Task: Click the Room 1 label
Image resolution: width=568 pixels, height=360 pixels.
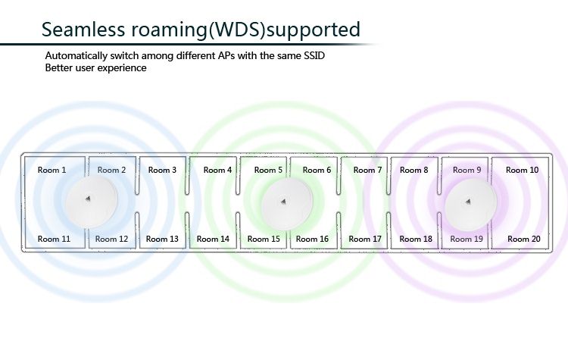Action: [x=52, y=171]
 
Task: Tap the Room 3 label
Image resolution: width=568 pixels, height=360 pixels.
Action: [x=162, y=171]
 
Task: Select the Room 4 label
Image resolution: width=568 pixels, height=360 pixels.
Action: [x=218, y=171]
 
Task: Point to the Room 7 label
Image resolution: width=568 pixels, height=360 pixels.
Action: [x=368, y=171]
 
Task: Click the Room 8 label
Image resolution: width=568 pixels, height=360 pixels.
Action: [x=414, y=171]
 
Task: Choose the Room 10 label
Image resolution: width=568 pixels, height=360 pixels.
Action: [x=523, y=171]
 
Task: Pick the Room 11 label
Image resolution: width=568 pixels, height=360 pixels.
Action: [x=55, y=239]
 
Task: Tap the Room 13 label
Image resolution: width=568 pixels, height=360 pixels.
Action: [x=162, y=239]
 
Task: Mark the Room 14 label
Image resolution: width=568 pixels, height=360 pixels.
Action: [x=213, y=239]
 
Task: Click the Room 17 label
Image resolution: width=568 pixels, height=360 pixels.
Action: [x=366, y=239]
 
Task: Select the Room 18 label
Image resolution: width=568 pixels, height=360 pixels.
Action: [x=417, y=239]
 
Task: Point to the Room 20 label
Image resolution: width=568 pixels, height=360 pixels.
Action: [x=524, y=239]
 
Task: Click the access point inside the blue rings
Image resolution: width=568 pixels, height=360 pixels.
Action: [x=91, y=202]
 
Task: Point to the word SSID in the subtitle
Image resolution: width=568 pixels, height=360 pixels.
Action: [x=320, y=57]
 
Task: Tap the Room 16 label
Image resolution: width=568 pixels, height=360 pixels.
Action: [x=313, y=239]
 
